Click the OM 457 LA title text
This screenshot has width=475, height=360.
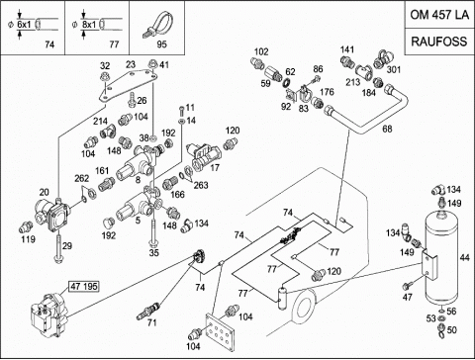(x=439, y=15)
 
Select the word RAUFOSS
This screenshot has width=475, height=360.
(x=439, y=42)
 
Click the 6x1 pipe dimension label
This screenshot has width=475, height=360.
(x=24, y=25)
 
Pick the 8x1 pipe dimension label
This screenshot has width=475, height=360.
(x=88, y=25)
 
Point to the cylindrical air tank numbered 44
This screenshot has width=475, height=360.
(x=441, y=257)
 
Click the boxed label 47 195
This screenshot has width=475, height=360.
(x=84, y=286)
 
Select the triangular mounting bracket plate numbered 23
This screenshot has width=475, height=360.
(x=128, y=85)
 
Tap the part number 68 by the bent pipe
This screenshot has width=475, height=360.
(x=387, y=129)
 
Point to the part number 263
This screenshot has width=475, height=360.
(x=201, y=185)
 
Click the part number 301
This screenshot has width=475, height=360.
(x=393, y=69)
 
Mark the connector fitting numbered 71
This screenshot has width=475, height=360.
(x=148, y=311)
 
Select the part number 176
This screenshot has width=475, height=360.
(x=327, y=92)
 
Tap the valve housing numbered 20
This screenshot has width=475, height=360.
(x=52, y=215)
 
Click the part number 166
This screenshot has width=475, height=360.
(x=177, y=195)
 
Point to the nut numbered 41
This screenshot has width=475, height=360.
(x=152, y=63)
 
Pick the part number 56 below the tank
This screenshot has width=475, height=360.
(x=451, y=311)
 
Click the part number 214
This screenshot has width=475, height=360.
(x=100, y=121)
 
